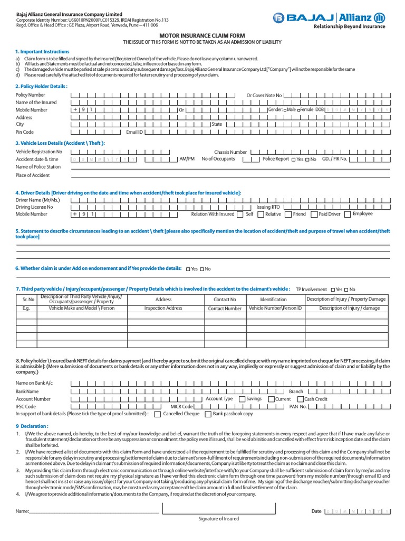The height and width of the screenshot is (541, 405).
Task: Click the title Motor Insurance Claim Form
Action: pos(202,35)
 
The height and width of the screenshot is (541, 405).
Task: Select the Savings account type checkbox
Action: pos(242,399)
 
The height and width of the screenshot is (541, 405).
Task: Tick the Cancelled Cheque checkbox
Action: pos(158,415)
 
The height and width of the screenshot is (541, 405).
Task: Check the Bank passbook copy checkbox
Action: pos(208,415)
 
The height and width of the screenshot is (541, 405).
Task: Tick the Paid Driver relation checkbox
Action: pos(314,214)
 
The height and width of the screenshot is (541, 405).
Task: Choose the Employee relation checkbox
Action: pos(348,214)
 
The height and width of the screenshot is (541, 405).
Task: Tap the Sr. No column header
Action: pos(26,300)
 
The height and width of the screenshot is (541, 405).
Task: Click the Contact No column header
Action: pos(225,300)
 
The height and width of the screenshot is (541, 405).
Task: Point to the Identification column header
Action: pos(273,300)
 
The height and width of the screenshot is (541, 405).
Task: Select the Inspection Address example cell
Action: pos(163,308)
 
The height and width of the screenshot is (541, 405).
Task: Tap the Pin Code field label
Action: pos(25,132)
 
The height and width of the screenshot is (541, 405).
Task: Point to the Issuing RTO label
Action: pos(268,207)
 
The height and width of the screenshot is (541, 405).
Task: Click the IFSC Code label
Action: pos(26,407)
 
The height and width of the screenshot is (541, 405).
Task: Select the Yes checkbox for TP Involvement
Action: pos(332,290)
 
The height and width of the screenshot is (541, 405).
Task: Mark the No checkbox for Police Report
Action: pos(307,160)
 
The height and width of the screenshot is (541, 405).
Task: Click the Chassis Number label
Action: pos(230,152)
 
